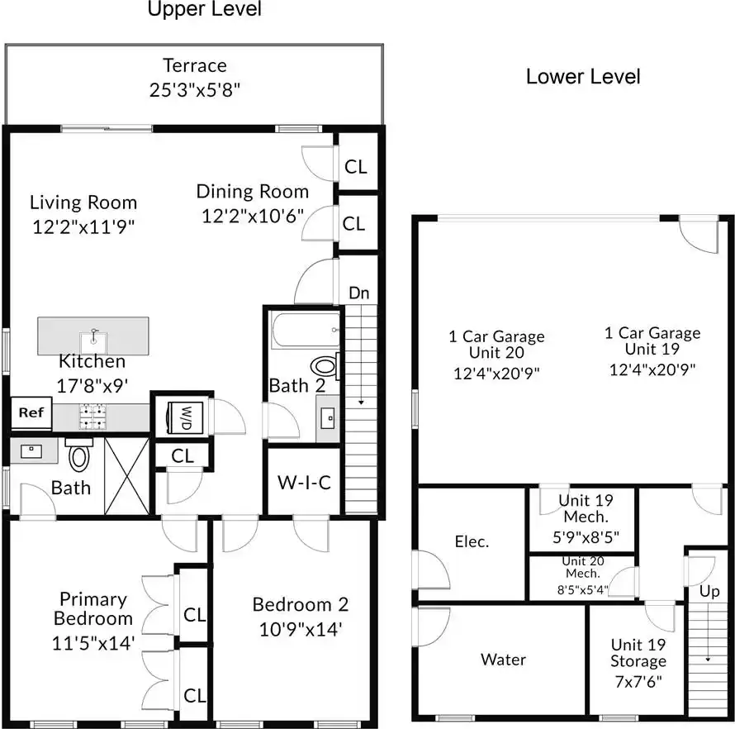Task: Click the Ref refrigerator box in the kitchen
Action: click(x=31, y=412)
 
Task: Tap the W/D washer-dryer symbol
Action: click(x=185, y=417)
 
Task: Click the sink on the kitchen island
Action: click(x=94, y=341)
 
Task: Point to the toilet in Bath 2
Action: click(x=325, y=367)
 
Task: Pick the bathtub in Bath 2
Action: click(x=305, y=331)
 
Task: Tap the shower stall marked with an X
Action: click(x=127, y=476)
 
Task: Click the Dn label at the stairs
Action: click(x=359, y=293)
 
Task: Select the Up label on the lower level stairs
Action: click(x=709, y=592)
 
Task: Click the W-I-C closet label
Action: click(x=304, y=482)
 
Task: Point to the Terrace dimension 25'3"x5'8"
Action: click(x=195, y=89)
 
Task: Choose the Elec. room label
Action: click(x=472, y=542)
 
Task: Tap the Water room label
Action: click(x=503, y=660)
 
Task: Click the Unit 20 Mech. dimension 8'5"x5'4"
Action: click(x=583, y=589)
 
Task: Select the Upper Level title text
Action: click(x=204, y=9)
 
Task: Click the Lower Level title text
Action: click(x=583, y=77)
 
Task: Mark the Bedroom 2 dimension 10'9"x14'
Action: click(x=301, y=630)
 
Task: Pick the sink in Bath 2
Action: click(x=327, y=417)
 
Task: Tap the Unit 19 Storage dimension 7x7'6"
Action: click(x=638, y=681)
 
